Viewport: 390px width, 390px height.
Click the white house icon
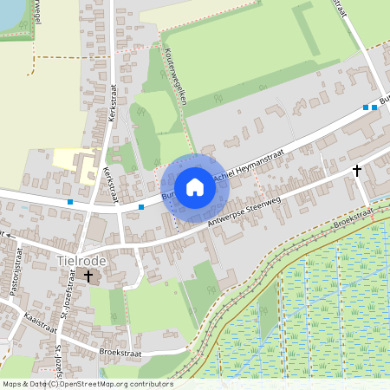click(195, 187)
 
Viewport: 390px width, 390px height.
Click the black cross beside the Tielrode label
click(88, 276)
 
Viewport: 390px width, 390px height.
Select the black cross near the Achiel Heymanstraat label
click(356, 171)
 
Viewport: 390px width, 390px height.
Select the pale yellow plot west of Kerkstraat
click(65, 158)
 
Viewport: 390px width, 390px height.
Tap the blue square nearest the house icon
click(141, 207)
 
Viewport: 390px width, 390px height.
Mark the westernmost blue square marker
click(70, 202)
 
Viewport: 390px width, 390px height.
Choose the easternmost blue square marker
click(375, 107)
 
